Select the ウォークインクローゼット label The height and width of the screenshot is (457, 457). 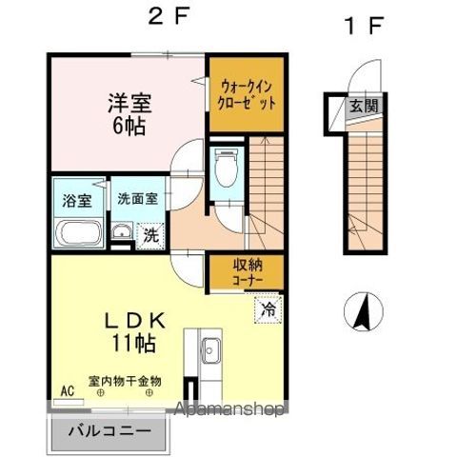tap(246, 92)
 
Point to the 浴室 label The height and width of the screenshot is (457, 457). tap(77, 201)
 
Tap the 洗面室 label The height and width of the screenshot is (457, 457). tap(138, 200)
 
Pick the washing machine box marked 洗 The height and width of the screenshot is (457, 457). tap(150, 234)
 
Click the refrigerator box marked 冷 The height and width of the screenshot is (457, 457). tap(268, 309)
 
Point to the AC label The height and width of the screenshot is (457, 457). tap(67, 390)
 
